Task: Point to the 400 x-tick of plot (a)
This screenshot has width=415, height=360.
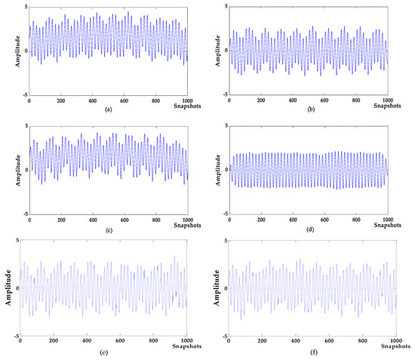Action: coord(92,100)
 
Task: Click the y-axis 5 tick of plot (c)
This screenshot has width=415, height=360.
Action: coord(25,126)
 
